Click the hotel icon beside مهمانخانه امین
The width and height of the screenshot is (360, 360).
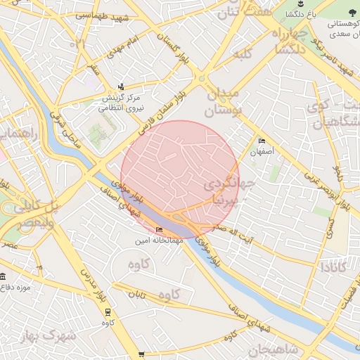click(x=159, y=229)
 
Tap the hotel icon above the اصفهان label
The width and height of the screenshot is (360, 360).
click(x=263, y=140)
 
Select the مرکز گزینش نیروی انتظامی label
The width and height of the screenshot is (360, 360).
click(x=112, y=103)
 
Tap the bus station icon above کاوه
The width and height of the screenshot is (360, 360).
click(x=108, y=311)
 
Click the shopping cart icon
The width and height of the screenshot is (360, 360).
click(x=141, y=354)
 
